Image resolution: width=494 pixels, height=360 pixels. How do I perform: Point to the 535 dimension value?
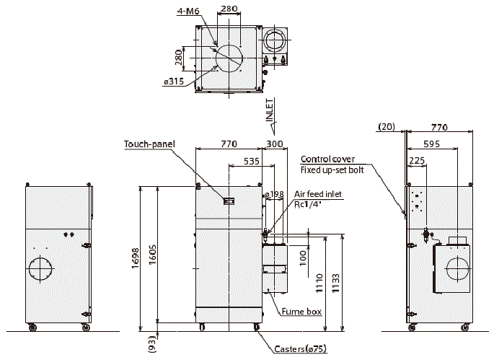(x=251, y=162)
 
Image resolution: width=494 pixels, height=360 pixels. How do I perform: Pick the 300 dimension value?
(x=275, y=144)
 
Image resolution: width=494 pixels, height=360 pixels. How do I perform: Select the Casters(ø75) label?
(x=300, y=348)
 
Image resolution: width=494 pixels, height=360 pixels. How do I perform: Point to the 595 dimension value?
(x=431, y=144)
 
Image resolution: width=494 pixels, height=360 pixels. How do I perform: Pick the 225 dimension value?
(x=415, y=162)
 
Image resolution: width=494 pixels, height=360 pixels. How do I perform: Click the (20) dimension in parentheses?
(x=387, y=127)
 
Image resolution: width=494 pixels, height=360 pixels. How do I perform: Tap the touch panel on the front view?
(x=229, y=202)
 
